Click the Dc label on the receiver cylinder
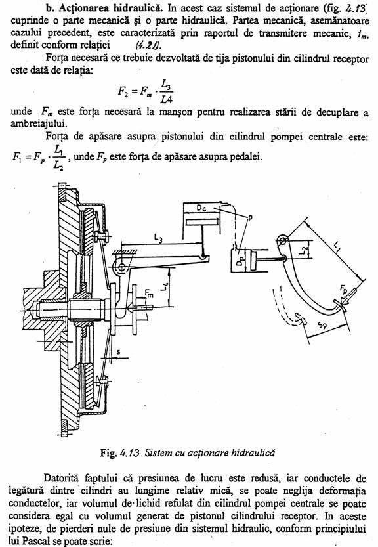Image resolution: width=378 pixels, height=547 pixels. tap(201, 208)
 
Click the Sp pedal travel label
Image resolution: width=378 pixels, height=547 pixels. tap(322, 325)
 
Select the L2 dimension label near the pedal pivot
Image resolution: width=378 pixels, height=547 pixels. tap(304, 249)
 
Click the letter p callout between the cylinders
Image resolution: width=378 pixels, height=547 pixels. tap(250, 219)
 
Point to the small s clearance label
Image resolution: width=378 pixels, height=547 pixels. tap(119, 352)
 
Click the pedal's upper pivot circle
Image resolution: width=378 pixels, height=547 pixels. tap(282, 240)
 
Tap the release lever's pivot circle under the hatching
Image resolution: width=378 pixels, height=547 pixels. tap(121, 267)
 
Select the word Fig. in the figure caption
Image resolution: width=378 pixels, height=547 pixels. tap(108, 453)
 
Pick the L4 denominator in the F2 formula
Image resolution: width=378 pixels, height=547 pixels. tap(167, 99)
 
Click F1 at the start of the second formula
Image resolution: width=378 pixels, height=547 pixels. tap(17, 157)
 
